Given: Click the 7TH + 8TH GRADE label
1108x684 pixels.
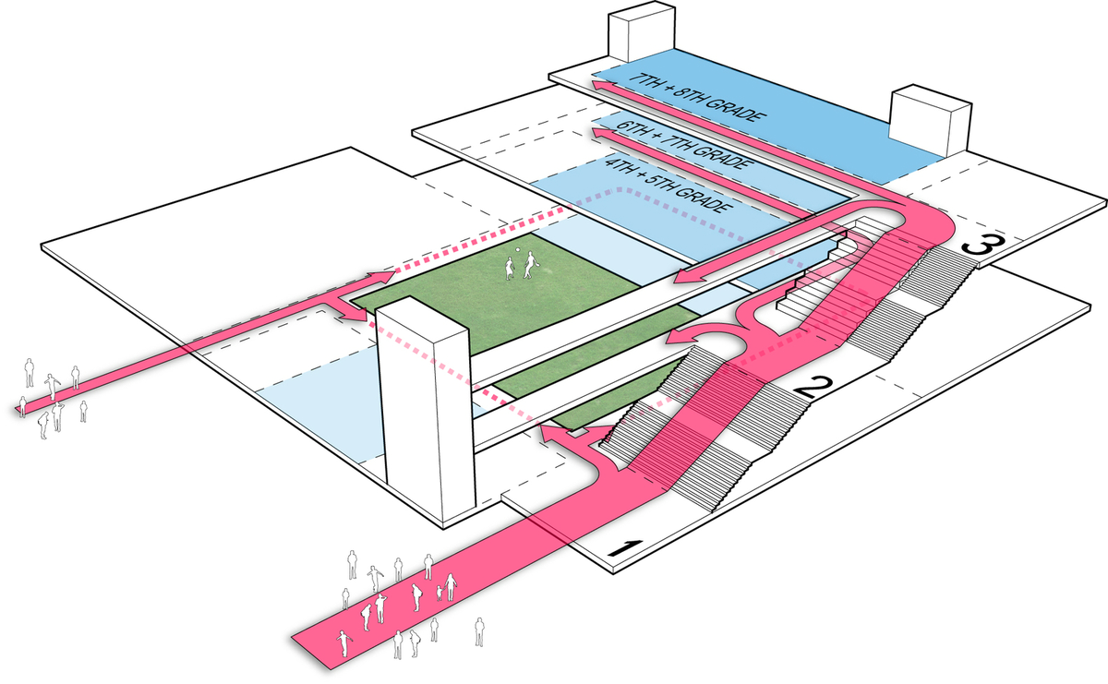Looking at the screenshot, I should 692,97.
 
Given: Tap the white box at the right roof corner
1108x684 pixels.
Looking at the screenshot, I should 931,118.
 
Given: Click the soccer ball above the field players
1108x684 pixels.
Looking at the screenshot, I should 518,250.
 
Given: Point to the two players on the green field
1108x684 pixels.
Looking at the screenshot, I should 519,267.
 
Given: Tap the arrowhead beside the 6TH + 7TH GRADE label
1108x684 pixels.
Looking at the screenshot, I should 600,135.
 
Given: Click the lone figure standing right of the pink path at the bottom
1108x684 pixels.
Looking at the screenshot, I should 479,631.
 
